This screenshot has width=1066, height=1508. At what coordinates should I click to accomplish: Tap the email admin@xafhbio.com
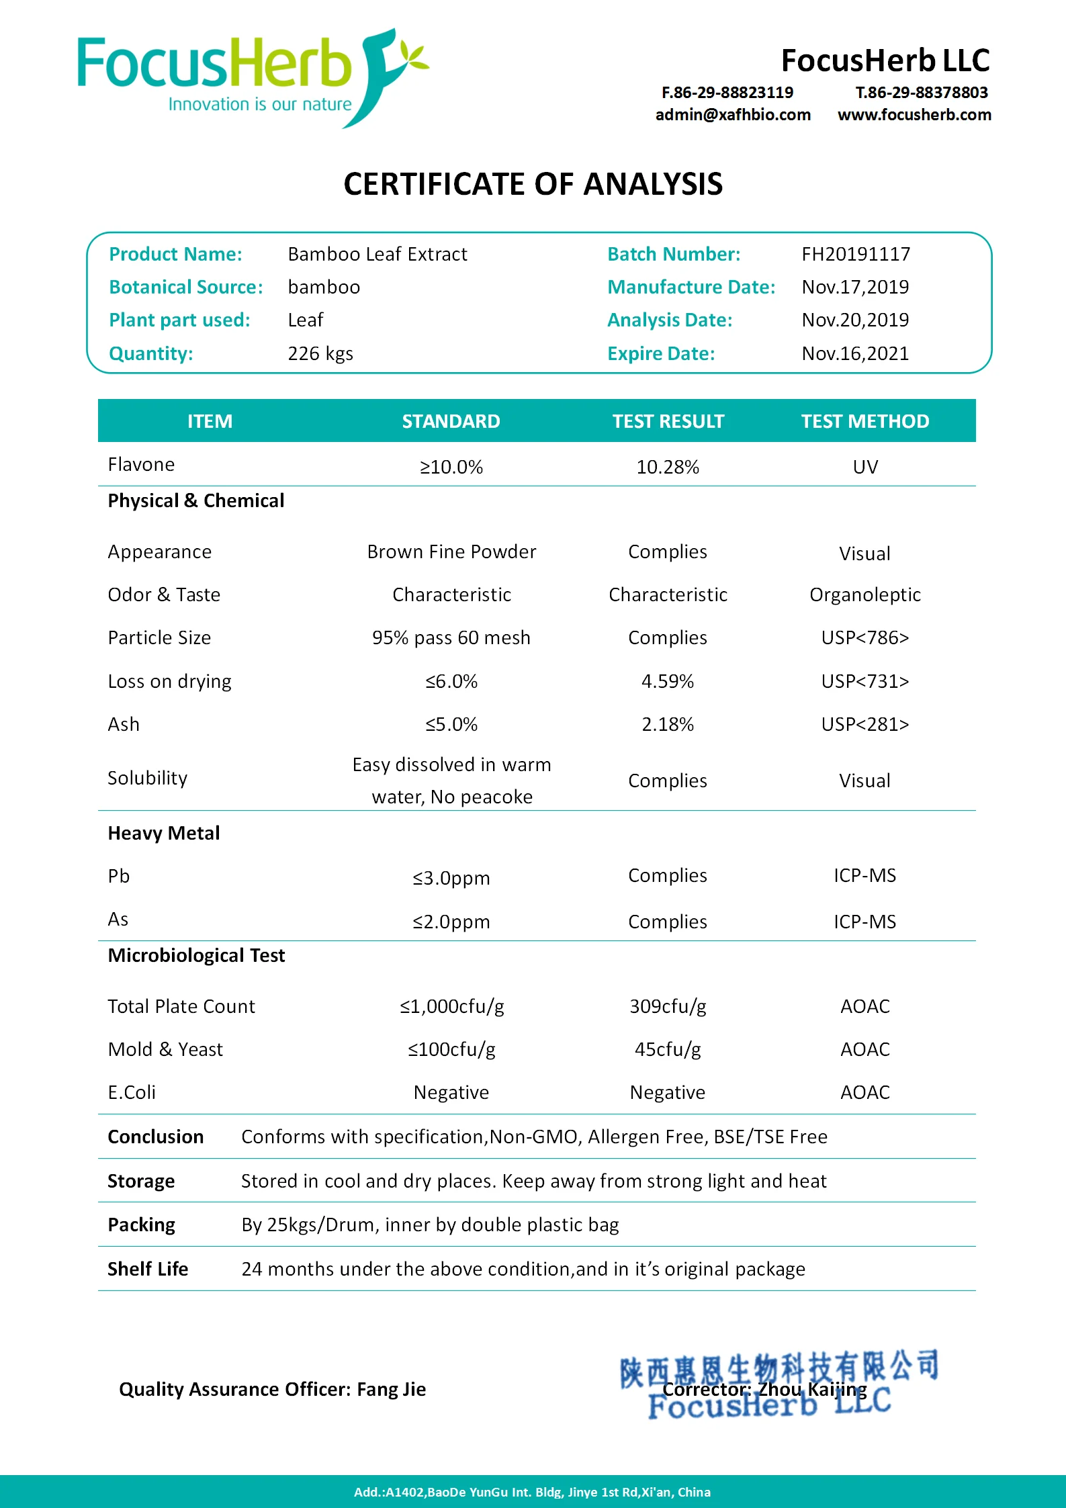tap(733, 115)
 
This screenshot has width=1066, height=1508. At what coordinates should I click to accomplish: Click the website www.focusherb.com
tap(914, 115)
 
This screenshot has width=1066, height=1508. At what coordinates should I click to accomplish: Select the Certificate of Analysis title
tap(533, 184)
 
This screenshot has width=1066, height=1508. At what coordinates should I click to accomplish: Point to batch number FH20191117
tap(856, 254)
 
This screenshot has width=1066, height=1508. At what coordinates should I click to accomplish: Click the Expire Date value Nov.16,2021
tap(855, 353)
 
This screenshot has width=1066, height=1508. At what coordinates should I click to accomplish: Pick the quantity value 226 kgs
tap(320, 353)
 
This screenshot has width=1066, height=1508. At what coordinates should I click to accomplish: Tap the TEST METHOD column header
tap(864, 421)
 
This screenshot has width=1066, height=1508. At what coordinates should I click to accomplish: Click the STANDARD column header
tap(451, 421)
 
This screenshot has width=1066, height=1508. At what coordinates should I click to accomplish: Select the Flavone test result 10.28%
tap(668, 467)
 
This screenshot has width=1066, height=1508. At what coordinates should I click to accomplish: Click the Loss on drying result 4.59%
tap(668, 681)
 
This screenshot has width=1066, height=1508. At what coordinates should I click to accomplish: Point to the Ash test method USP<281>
tap(864, 724)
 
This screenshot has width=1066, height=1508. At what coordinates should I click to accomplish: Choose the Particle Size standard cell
tap(451, 637)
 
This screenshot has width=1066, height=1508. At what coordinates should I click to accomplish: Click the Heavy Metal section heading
tap(164, 833)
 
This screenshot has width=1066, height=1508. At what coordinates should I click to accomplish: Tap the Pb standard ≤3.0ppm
tap(451, 878)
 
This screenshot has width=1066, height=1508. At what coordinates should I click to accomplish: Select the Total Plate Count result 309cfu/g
tap(668, 1006)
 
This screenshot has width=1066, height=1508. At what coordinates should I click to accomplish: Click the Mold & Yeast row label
tap(165, 1049)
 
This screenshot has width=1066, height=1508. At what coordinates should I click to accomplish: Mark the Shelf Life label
tap(148, 1269)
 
